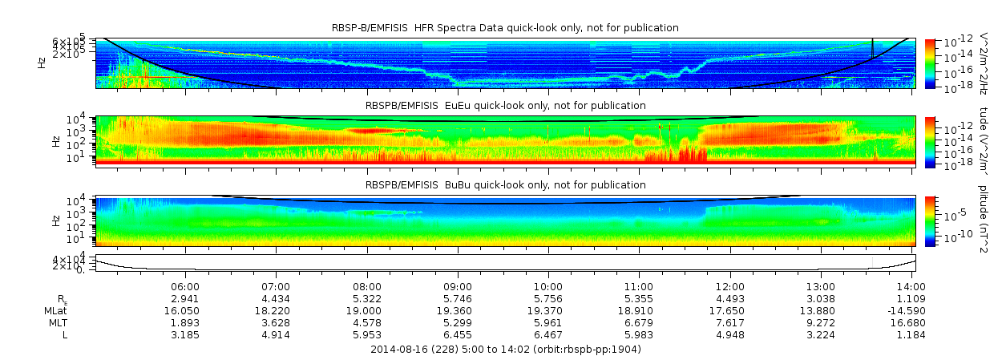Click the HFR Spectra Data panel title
click(x=505, y=28)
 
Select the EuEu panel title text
click(x=505, y=106)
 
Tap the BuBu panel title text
click(x=505, y=185)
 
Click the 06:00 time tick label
click(x=185, y=286)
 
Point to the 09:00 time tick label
click(x=458, y=286)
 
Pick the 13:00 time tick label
click(x=821, y=286)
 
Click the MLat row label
click(x=55, y=310)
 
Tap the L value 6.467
click(x=548, y=334)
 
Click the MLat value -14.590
click(x=909, y=310)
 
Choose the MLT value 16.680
click(x=911, y=322)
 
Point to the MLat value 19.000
click(x=367, y=310)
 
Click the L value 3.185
click(x=185, y=334)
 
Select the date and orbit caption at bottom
click(x=505, y=350)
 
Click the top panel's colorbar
click(x=930, y=63)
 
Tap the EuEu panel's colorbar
click(x=930, y=141)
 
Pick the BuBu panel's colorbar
click(x=930, y=220)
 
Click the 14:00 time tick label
click(x=911, y=286)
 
